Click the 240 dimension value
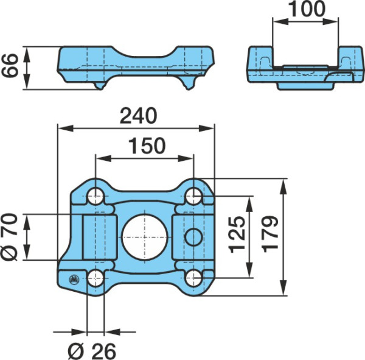tap(139, 116)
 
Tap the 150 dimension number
tap(147, 146)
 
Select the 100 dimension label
tap(306, 9)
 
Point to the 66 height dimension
tap(10, 66)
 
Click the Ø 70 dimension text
tap(9, 237)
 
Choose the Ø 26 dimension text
tap(92, 351)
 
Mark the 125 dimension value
tap(237, 235)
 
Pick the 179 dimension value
tap(270, 234)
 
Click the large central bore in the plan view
tap(145, 238)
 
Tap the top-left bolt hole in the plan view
tap(96, 196)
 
